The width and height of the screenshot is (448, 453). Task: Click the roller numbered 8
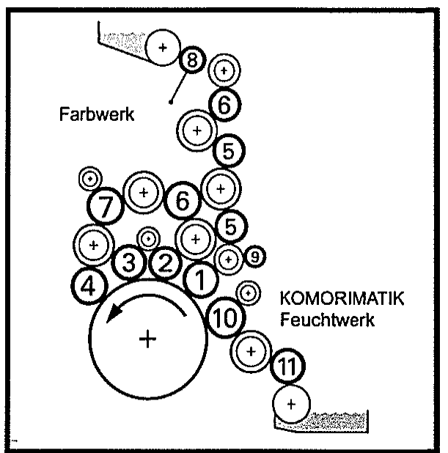191,61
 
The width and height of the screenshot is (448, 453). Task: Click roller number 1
199,277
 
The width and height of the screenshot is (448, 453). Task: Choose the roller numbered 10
224,317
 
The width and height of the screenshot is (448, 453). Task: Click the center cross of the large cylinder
149,338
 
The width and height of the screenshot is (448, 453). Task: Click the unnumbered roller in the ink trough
163,48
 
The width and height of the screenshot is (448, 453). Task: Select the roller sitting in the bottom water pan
291,404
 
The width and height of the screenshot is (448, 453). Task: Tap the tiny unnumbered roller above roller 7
90,177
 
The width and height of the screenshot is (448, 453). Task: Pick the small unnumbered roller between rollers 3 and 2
149,238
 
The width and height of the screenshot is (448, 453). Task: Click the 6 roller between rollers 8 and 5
225,104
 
